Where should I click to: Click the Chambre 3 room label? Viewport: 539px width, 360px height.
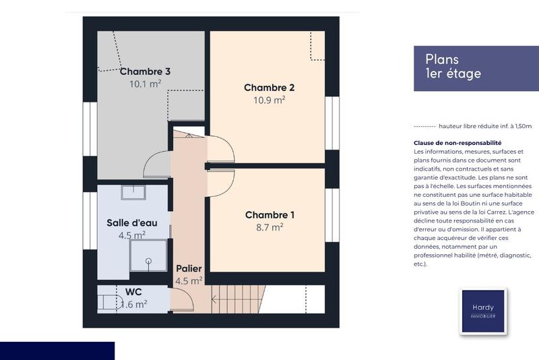tap(145, 71)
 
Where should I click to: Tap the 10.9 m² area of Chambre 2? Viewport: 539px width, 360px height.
tap(269, 99)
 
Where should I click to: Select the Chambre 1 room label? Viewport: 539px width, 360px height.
tap(269, 215)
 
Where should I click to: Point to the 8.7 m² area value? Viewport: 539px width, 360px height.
tap(269, 227)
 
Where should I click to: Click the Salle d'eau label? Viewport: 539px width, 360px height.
tap(131, 223)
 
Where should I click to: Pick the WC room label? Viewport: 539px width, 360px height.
tap(133, 292)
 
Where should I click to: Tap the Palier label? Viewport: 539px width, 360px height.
tap(189, 268)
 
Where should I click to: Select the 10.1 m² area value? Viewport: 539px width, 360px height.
tap(145, 84)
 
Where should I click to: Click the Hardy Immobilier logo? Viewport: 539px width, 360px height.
tap(482, 311)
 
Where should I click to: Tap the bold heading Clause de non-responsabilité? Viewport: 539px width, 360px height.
tap(457, 143)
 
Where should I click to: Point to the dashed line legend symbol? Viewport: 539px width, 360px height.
tap(424, 126)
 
